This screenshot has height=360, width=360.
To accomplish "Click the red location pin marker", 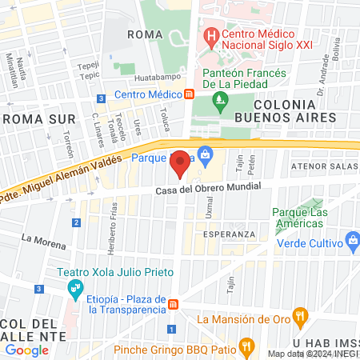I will tap(180, 162).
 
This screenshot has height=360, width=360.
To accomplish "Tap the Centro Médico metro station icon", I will tap(189, 94).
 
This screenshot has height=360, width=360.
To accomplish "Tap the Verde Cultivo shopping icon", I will tap(351, 241).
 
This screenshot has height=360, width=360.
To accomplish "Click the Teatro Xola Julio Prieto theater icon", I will tap(74, 286).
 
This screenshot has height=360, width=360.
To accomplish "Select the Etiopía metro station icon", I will tap(173, 304).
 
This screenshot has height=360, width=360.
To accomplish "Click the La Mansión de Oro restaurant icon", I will tap(300, 318).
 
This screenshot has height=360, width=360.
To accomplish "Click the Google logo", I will tap(27, 350).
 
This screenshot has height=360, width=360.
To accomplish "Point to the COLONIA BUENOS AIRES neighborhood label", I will tap(295, 110).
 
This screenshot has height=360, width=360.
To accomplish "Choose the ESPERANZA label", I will tap(229, 234).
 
